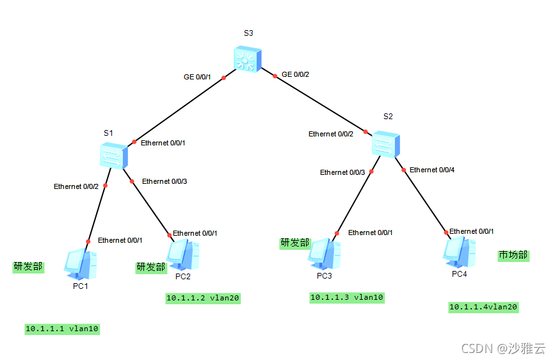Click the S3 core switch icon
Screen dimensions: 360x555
(247, 60)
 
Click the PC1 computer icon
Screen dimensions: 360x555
(81, 265)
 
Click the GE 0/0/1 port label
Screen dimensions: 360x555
(198, 76)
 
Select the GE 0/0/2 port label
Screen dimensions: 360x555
(296, 75)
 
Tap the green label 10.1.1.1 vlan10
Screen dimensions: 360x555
(63, 329)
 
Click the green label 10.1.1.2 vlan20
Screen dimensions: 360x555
(203, 298)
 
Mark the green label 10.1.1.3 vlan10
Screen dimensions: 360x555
(347, 297)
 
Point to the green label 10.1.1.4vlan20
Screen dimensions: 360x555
(483, 307)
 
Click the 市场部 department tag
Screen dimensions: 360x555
(513, 255)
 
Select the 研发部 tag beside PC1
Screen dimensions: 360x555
(28, 266)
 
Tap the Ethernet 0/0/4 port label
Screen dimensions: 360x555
(431, 170)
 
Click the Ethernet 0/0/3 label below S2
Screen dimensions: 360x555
(342, 172)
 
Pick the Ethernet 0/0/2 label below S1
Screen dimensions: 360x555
(76, 186)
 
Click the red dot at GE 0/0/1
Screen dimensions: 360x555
(224, 78)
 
